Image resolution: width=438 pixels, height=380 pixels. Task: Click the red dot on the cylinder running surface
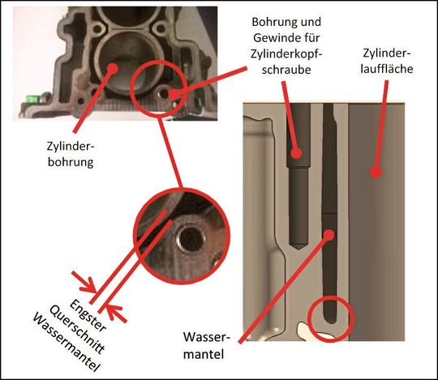coord(375,172)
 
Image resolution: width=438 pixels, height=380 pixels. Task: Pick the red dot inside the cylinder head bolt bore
coord(298,152)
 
